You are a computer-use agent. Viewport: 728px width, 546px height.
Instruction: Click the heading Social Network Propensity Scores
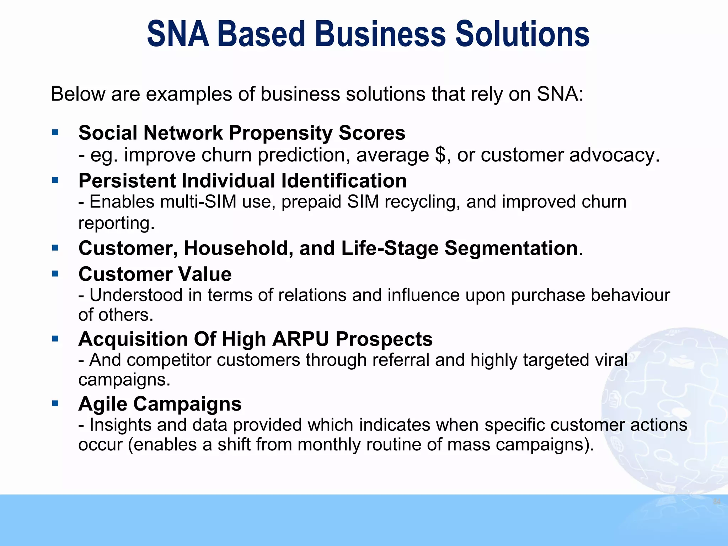242,133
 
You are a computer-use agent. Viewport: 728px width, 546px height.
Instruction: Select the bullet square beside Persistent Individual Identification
55,180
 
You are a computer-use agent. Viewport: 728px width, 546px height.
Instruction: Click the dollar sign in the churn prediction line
440,155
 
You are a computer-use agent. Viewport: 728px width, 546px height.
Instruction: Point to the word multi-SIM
198,202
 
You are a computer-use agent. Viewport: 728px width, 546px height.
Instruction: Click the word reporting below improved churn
116,223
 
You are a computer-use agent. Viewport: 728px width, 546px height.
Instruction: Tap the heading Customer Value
155,274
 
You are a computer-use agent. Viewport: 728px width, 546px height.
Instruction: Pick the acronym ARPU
300,339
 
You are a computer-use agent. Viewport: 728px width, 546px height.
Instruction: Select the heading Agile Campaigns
160,404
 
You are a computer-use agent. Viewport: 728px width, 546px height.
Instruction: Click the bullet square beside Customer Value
55,274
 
